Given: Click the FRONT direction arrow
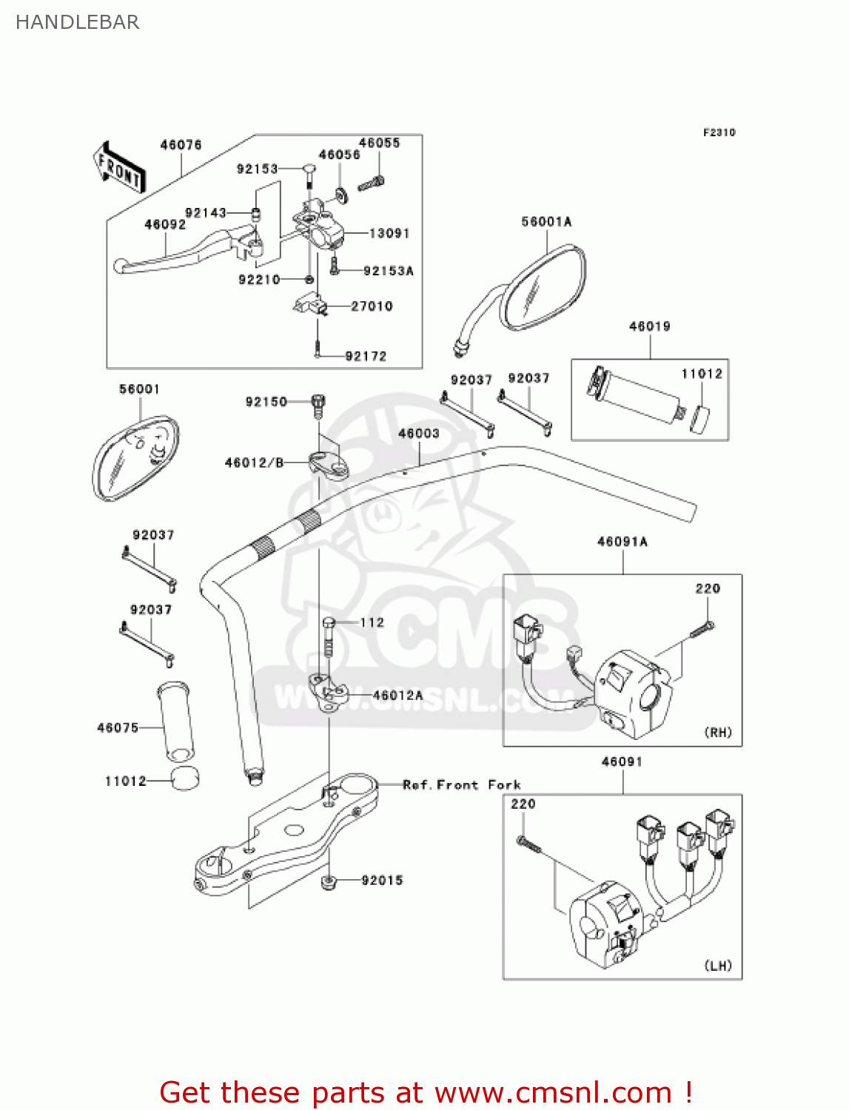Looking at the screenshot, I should [118, 168].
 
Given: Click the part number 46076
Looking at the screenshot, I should [181, 145].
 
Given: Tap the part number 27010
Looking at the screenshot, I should [372, 306].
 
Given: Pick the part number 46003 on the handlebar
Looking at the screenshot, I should [419, 434].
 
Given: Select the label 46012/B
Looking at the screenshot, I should [255, 463].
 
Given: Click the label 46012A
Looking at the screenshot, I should [398, 696].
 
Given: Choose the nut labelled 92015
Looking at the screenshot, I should [328, 881].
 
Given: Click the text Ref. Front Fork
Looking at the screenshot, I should [462, 785].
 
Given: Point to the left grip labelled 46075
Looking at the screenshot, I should [176, 721].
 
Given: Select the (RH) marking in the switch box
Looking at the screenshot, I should [718, 733].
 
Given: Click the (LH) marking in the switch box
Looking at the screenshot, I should [718, 966].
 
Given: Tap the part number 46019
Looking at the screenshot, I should [649, 326].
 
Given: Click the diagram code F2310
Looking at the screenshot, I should [719, 132].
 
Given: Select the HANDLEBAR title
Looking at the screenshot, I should [78, 22].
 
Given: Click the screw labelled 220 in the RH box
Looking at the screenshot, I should [703, 630].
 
